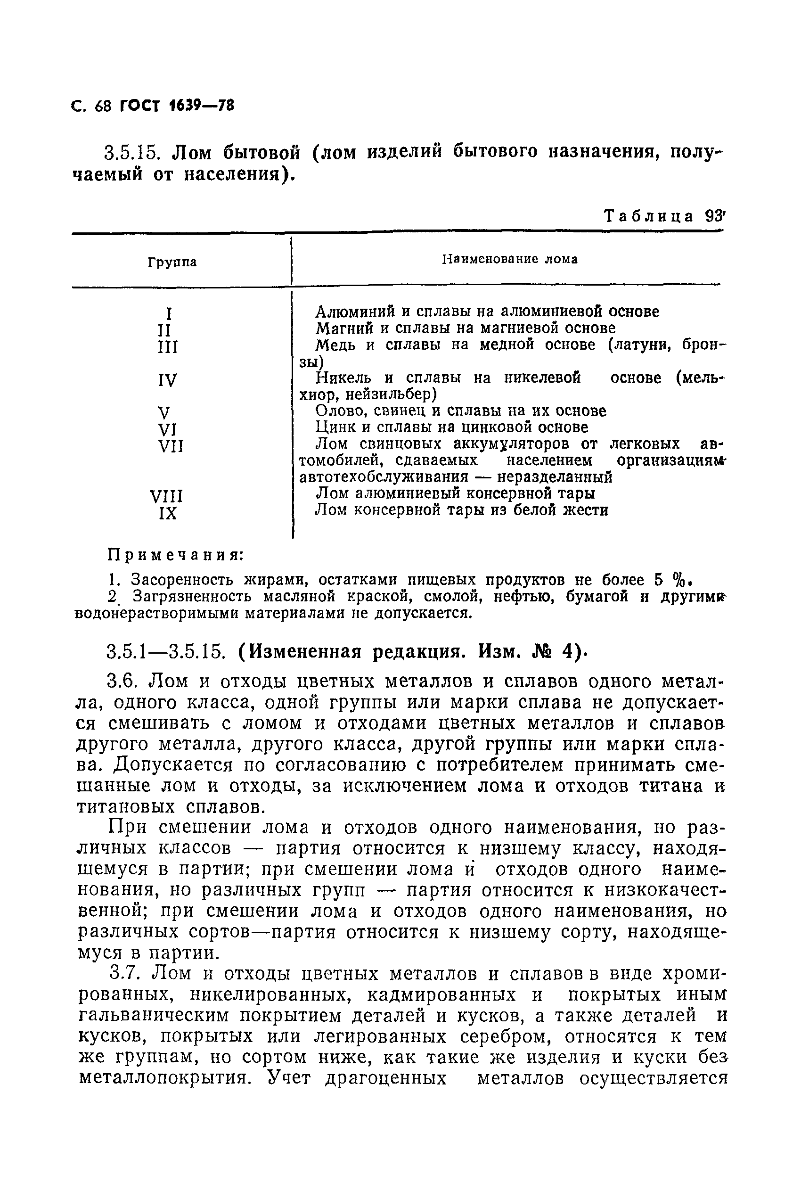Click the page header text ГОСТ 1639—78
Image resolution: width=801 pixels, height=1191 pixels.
[x=176, y=106]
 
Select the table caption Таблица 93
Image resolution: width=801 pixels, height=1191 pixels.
[x=664, y=216]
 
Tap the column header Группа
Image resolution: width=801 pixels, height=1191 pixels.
[x=172, y=263]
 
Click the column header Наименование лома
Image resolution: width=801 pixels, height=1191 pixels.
[x=509, y=260]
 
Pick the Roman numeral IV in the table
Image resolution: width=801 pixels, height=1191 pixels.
[x=167, y=381]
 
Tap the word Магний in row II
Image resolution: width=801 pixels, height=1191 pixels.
[x=341, y=328]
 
